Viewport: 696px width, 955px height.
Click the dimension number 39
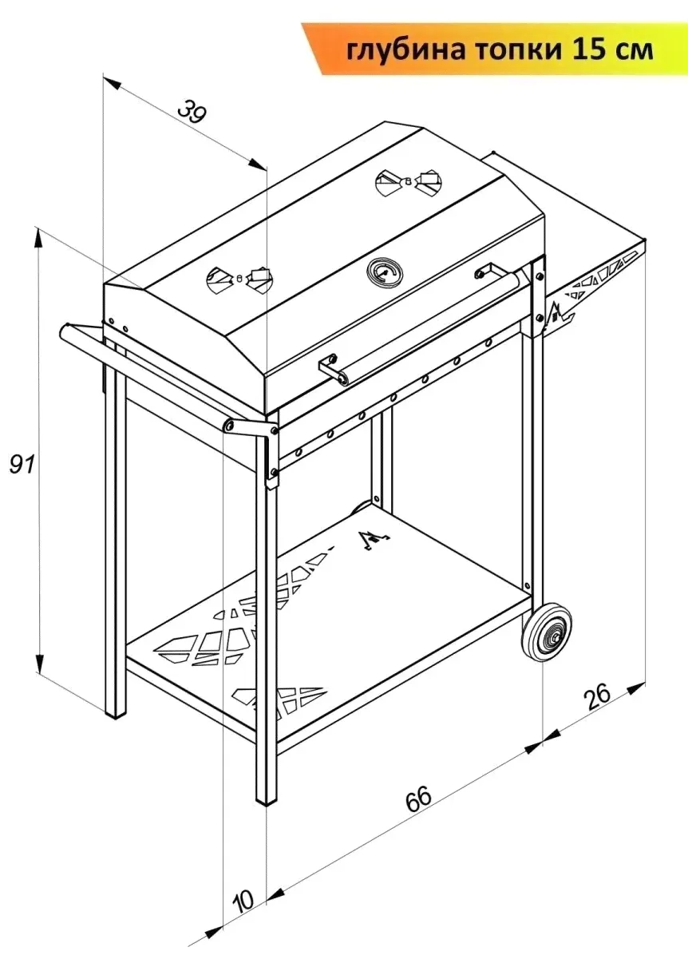tap(192, 111)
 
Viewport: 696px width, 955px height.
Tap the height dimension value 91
tap(22, 466)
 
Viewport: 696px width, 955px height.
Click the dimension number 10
tap(243, 900)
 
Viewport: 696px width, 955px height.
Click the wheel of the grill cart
tap(548, 633)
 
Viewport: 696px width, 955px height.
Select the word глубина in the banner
tap(403, 50)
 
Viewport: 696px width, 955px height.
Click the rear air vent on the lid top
tap(409, 180)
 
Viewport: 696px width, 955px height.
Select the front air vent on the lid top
tap(239, 279)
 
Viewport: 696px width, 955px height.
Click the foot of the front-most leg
tap(266, 798)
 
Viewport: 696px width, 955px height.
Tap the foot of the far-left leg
tap(116, 713)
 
